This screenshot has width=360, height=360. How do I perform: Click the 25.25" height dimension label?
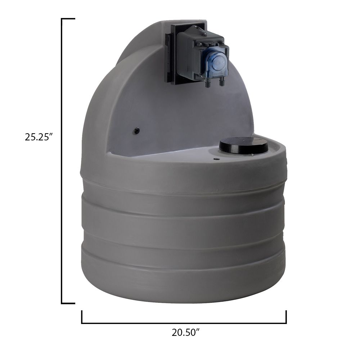(x=39, y=138)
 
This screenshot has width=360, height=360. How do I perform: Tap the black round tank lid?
(x=244, y=145)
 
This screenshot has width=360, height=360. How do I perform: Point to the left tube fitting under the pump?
(x=208, y=84)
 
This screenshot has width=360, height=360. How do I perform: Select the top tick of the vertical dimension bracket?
(x=68, y=19)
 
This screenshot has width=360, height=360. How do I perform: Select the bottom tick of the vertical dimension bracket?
(x=68, y=303)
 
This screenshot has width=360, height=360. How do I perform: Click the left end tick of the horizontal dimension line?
(x=82, y=317)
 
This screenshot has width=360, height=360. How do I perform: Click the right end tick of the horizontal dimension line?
(x=286, y=317)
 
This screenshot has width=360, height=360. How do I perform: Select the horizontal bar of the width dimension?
(x=184, y=323)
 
